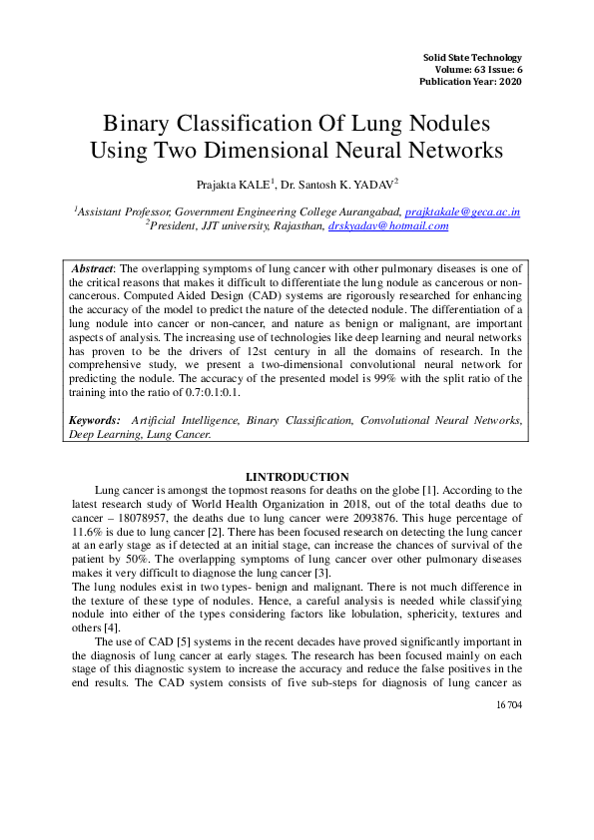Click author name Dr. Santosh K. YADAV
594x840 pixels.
335,185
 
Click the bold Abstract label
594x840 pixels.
93,269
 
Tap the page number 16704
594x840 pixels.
508,704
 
